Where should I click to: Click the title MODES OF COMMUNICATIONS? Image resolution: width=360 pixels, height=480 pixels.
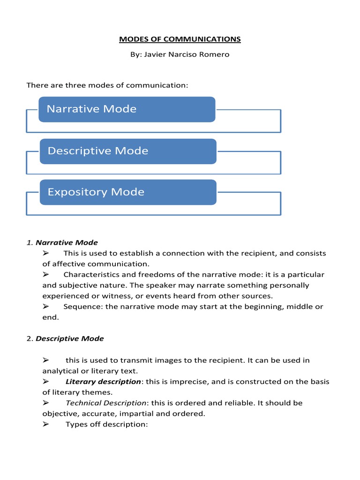[x=180, y=39]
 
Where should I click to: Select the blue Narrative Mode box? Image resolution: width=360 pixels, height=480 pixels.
[x=127, y=109]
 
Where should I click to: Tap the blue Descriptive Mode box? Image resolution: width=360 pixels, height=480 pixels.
[x=127, y=151]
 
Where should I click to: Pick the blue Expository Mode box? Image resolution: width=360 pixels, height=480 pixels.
[x=127, y=192]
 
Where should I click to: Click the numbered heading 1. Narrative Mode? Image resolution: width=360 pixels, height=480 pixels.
[x=62, y=242]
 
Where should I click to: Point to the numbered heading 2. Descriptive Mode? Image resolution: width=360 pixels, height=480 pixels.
[x=65, y=338]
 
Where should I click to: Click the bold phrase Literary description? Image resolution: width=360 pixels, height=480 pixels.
[x=103, y=382]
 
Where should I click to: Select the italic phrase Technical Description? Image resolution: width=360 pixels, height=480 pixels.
[x=106, y=403]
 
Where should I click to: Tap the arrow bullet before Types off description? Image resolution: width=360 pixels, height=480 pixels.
[x=46, y=425]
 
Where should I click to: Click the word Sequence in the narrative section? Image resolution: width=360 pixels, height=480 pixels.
[x=81, y=307]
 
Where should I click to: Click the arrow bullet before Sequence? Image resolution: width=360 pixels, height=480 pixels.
[x=46, y=307]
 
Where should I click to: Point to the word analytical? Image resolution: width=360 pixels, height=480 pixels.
[x=61, y=371]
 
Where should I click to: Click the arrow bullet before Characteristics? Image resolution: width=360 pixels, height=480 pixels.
[x=46, y=275]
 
